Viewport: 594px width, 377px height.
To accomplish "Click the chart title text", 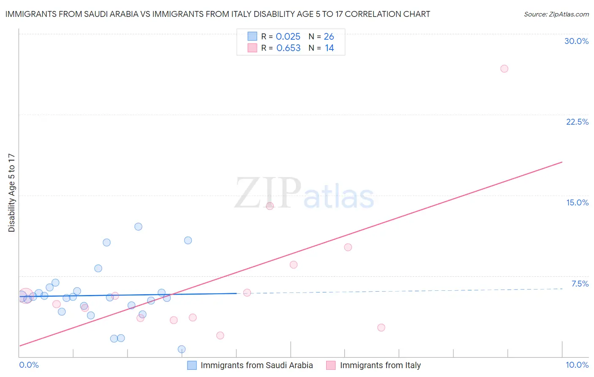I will coord(218,14).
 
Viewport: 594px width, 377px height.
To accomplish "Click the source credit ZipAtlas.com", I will coord(556,14).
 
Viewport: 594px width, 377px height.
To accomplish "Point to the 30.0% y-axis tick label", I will coord(576,41).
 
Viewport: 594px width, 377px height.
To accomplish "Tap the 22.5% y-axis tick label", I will coord(577,122).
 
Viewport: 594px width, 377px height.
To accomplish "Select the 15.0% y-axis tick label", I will coord(577,202).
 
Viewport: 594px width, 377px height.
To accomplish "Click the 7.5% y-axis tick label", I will coord(580,284).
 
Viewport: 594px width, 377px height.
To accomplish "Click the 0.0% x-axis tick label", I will coord(29,365).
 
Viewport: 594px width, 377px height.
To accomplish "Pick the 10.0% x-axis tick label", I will coord(577,365).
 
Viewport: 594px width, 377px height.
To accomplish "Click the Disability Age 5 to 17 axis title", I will coord(12,193).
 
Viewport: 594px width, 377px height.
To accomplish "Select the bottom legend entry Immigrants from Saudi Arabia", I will coord(256,365).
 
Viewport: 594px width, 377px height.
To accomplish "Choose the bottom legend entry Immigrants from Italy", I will coord(380,365).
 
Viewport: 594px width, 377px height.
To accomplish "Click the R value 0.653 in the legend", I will coord(288,48).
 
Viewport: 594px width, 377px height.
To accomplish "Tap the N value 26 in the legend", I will coord(329,37).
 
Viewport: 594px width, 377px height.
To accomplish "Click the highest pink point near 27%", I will coord(504,68).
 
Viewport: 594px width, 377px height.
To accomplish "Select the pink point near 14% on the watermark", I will coord(270,206).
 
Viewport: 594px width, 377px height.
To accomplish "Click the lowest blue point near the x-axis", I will coord(182,349).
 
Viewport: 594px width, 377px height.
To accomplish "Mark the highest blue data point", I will coord(138,227).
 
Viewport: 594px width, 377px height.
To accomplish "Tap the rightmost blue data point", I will coord(188,240).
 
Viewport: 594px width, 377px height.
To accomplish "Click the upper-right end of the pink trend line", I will coord(562,162).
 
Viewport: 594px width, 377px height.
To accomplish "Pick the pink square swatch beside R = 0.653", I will coord(252,48).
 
